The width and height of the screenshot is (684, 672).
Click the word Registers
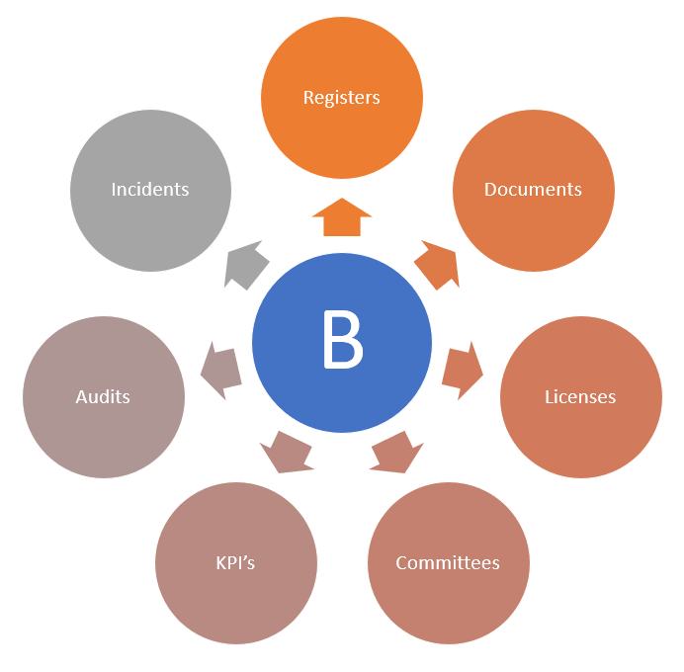[341, 98]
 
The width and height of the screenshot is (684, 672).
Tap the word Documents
[533, 189]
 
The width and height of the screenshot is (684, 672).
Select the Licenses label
[580, 396]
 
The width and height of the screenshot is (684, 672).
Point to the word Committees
[448, 562]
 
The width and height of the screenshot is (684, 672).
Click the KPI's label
[235, 562]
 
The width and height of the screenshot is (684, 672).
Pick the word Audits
[103, 396]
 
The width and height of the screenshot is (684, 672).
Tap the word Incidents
[150, 189]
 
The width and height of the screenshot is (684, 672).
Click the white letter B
[343, 341]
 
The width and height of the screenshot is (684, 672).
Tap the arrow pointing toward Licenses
[461, 369]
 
